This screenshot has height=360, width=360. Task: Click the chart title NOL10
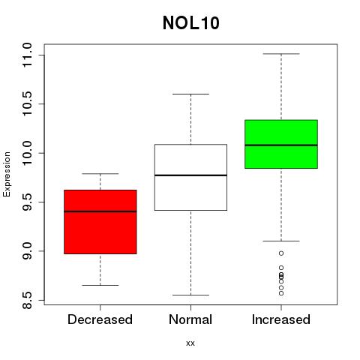pyautogui.click(x=191, y=23)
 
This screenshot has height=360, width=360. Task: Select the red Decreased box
pyautogui.click(x=100, y=222)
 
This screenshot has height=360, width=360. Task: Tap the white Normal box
pyautogui.click(x=190, y=178)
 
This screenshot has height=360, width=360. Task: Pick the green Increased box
pyautogui.click(x=281, y=144)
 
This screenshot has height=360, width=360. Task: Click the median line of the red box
pyautogui.click(x=100, y=211)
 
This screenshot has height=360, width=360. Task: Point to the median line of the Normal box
pyautogui.click(x=190, y=175)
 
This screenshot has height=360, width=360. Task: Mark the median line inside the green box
pyautogui.click(x=281, y=145)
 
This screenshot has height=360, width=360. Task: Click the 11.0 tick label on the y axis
pyautogui.click(x=27, y=55)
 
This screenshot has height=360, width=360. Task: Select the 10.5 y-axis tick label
pyautogui.click(x=27, y=103)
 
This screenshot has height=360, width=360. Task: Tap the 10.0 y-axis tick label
pyautogui.click(x=27, y=153)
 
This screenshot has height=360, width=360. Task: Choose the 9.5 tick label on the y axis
pyautogui.click(x=27, y=202)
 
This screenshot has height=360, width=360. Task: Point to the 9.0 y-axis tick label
pyautogui.click(x=27, y=251)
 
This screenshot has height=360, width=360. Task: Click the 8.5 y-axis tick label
pyautogui.click(x=27, y=300)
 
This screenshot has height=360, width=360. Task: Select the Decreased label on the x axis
pyautogui.click(x=100, y=319)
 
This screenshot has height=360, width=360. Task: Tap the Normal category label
pyautogui.click(x=190, y=319)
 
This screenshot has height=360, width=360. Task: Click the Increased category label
pyautogui.click(x=281, y=319)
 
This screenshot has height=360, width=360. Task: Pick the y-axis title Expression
pyautogui.click(x=7, y=174)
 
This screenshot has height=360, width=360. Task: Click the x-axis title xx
pyautogui.click(x=190, y=343)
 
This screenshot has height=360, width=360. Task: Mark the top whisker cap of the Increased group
pyautogui.click(x=281, y=54)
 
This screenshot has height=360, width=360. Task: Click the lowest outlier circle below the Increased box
pyautogui.click(x=281, y=293)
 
